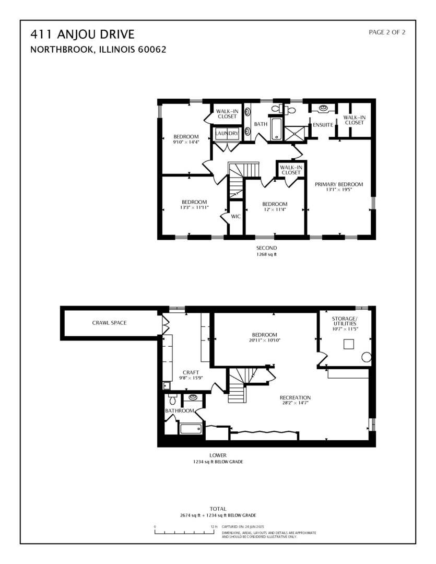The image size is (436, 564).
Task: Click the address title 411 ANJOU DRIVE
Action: [83, 35]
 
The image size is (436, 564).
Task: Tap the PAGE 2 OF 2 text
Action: [387, 32]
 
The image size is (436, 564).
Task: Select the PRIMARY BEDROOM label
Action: [338, 184]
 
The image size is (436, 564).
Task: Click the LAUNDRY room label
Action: [227, 134]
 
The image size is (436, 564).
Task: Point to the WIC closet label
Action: [235, 216]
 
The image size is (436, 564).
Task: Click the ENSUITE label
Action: [323, 125]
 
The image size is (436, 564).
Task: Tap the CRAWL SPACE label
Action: [109, 323]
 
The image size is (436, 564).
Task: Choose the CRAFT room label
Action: [191, 372]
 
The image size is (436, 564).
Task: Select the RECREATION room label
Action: [295, 397]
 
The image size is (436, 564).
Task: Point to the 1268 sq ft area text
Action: [266, 255]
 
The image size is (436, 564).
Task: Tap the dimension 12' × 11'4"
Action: [275, 210]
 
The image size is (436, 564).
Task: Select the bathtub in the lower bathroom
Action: [190, 429]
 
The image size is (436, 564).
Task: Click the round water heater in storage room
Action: [367, 358]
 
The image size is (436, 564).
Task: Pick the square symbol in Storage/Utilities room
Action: [348, 344]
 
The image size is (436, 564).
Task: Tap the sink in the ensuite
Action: [324, 108]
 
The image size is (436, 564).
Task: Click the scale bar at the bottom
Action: [185, 532]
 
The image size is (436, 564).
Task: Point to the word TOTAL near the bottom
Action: [218, 509]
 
